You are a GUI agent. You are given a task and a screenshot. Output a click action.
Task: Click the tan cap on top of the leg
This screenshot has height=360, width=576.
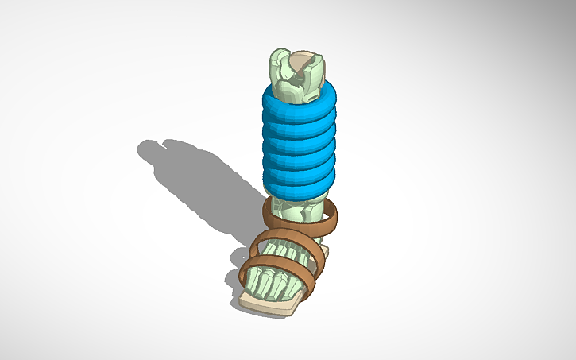300,61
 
